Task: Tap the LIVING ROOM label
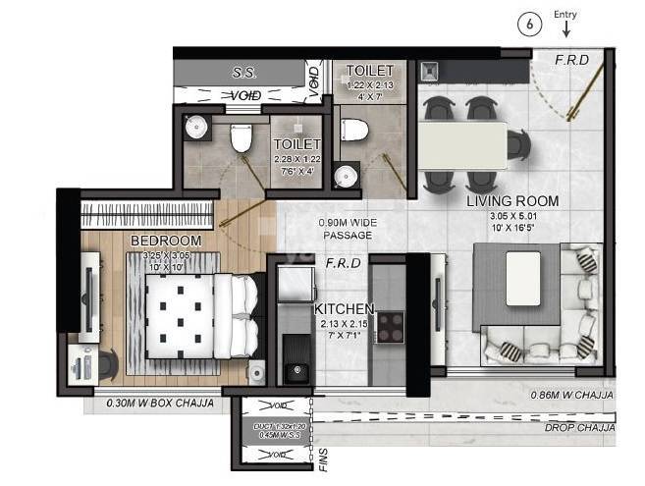(511, 201)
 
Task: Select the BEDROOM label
(166, 241)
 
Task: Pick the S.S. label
(243, 72)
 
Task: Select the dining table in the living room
(464, 144)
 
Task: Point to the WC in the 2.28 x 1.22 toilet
(242, 138)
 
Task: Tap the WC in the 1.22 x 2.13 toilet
(354, 128)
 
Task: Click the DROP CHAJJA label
(578, 429)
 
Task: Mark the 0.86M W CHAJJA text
(572, 395)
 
